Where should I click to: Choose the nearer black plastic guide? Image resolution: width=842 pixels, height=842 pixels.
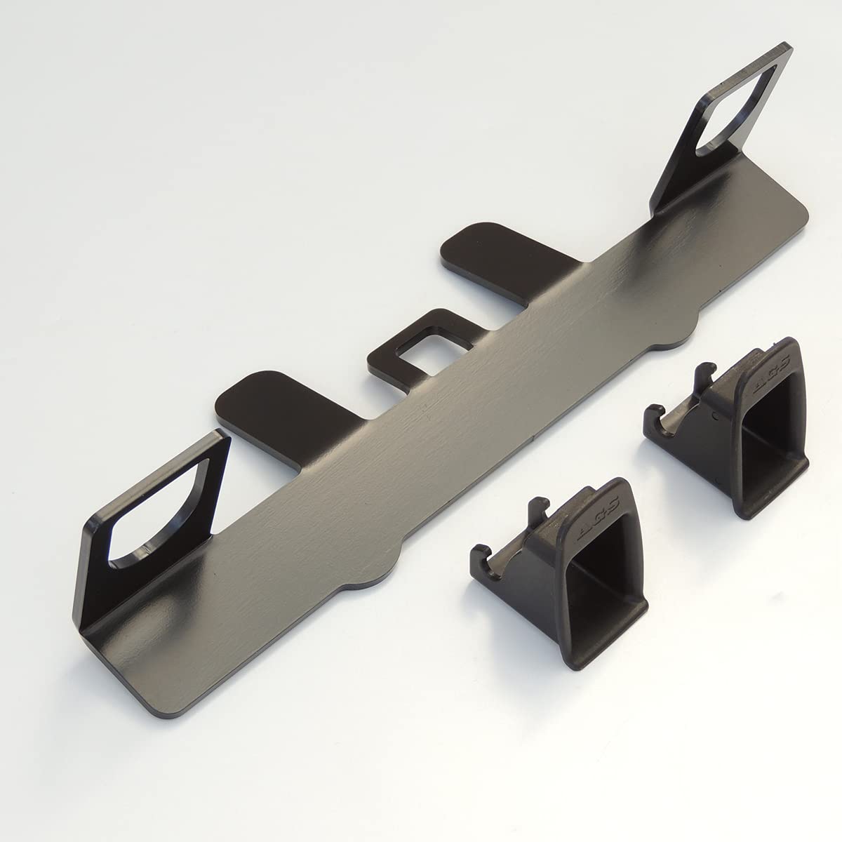[x=561, y=561]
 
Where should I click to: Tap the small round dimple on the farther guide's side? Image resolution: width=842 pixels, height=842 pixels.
[x=714, y=415]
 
